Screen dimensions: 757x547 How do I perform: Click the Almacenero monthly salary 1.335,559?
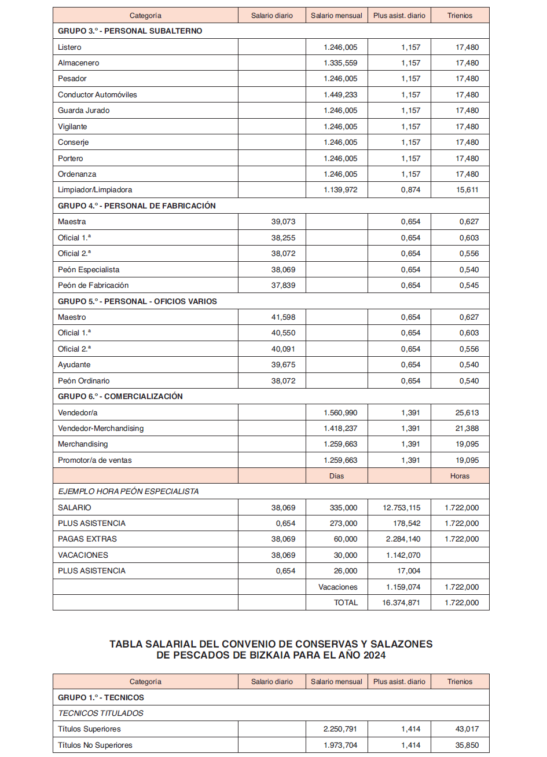(340, 63)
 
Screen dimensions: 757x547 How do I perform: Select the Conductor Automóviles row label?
(97, 95)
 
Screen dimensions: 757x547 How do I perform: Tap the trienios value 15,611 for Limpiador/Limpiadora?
(467, 190)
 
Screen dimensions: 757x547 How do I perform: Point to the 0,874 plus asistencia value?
(411, 190)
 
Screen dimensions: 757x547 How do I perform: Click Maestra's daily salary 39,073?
(283, 222)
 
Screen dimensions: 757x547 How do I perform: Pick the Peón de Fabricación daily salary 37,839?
(283, 286)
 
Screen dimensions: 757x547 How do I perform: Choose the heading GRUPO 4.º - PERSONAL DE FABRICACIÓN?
(137, 206)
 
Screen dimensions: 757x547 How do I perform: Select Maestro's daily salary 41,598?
(283, 317)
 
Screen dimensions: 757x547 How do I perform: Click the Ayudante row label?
(74, 365)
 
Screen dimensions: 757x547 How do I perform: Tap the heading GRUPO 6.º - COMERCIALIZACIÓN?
(120, 397)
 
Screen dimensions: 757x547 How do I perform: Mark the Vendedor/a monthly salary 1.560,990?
(340, 413)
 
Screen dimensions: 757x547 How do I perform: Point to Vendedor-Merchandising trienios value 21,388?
(467, 429)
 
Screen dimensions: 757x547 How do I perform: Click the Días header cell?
(336, 476)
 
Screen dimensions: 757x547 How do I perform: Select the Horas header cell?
(460, 476)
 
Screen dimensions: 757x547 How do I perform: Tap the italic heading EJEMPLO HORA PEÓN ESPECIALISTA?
(128, 492)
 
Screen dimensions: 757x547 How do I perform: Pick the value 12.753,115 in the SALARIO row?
(401, 508)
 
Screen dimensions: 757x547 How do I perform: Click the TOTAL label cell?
(346, 603)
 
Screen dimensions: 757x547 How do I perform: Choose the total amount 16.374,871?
(401, 603)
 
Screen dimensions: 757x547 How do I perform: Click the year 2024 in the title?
(375, 656)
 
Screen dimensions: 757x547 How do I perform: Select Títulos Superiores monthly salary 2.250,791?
(340, 729)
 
